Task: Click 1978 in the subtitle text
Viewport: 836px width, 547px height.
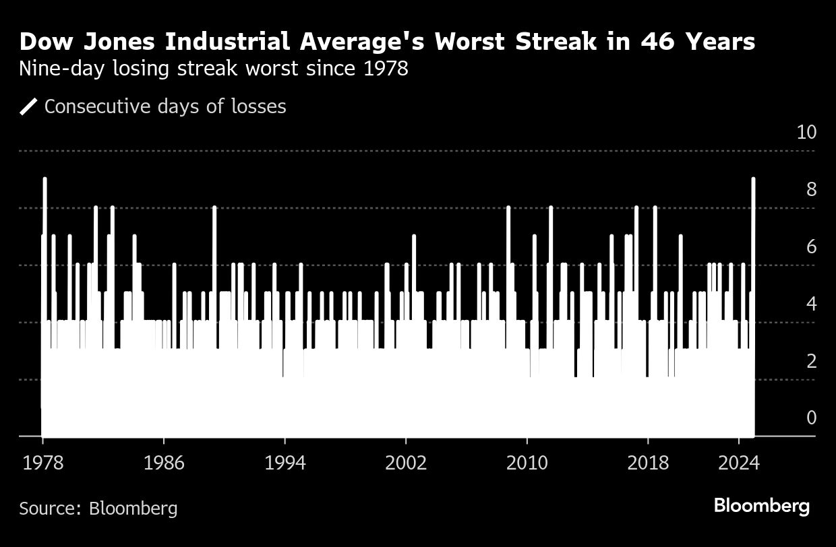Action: tap(385, 69)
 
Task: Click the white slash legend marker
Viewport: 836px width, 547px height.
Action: tap(28, 106)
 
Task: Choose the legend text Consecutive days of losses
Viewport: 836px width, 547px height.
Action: tap(165, 106)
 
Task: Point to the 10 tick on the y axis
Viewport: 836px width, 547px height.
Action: tap(806, 132)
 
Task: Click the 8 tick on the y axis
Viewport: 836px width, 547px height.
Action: tap(811, 189)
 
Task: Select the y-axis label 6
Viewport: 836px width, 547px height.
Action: tap(811, 247)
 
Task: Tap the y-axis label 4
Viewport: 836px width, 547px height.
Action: tap(811, 304)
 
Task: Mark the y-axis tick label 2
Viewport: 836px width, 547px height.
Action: tap(811, 361)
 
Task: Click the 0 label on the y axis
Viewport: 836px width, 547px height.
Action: tap(811, 418)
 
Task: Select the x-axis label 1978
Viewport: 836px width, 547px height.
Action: tap(42, 463)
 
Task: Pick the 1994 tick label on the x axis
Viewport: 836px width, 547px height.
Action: tap(285, 463)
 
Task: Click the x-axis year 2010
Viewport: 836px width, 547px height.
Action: tap(527, 463)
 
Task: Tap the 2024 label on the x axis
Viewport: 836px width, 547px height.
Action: tap(739, 463)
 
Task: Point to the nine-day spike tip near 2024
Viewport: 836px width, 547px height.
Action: tap(753, 179)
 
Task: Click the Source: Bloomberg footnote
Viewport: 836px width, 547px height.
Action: tap(98, 507)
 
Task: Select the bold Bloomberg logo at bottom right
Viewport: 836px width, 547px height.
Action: tap(761, 506)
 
